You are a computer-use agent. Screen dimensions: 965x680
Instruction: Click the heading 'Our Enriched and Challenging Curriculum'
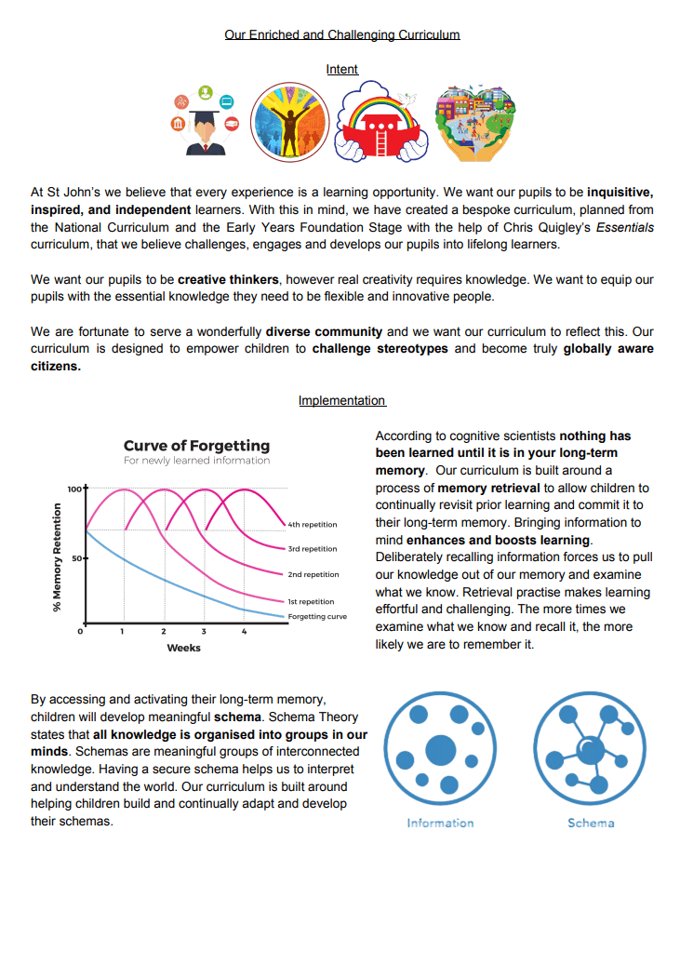[x=342, y=35]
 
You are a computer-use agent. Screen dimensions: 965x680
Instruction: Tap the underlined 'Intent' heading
[x=342, y=70]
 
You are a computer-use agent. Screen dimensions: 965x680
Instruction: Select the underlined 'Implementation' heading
[x=341, y=401]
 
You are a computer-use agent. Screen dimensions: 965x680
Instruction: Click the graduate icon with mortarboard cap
[x=204, y=124]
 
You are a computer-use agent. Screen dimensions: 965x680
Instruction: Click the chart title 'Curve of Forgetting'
[x=196, y=446]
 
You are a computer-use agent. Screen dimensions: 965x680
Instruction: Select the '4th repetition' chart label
[x=313, y=525]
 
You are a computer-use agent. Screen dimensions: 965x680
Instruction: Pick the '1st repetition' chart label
[x=313, y=601]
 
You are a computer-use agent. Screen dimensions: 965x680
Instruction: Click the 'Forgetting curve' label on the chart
[x=317, y=616]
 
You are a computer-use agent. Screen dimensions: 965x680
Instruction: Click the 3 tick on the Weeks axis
[x=204, y=632]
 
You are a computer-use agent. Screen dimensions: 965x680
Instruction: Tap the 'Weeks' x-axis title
[x=183, y=648]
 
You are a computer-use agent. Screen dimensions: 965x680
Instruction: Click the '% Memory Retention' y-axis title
[x=58, y=557]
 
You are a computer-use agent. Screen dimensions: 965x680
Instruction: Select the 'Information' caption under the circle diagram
[x=440, y=823]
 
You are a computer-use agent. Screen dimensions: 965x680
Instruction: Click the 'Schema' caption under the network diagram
[x=591, y=823]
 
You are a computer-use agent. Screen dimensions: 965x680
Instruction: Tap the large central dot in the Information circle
[x=441, y=749]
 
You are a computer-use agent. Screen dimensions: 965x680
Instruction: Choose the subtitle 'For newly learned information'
[x=196, y=461]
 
